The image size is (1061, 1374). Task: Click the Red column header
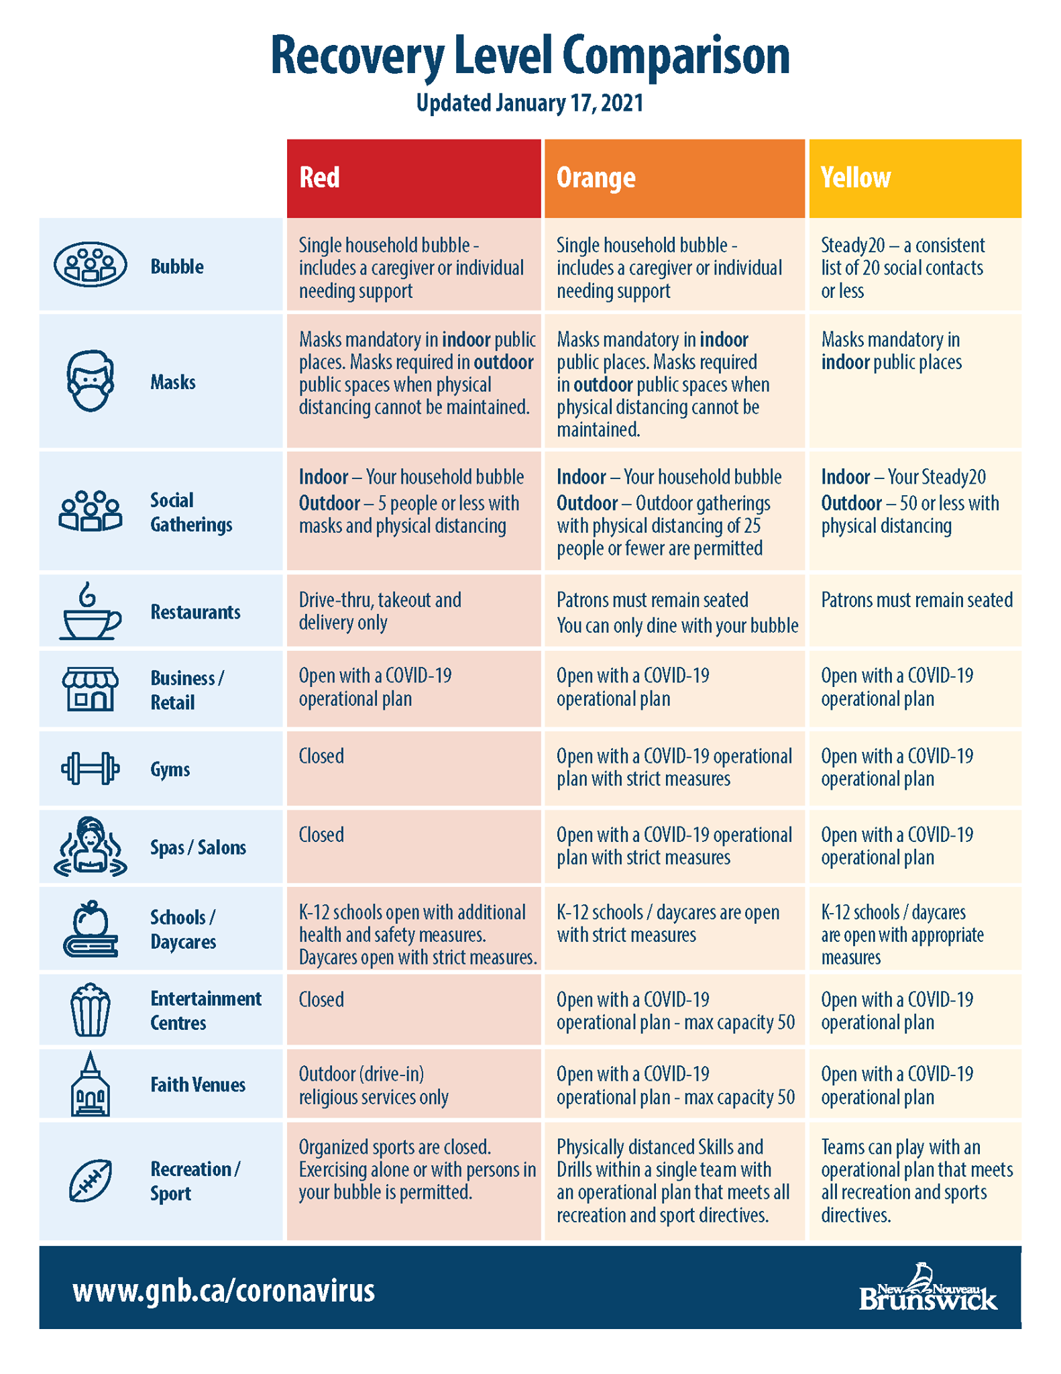414,178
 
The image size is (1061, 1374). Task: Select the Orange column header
675,178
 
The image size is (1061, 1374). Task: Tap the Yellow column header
915,178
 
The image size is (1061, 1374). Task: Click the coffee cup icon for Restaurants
91,611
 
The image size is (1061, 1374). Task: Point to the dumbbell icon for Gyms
91,769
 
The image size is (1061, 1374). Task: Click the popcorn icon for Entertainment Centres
91,1010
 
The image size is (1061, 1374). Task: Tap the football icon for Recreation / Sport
91,1180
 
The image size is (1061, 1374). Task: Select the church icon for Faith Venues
91,1084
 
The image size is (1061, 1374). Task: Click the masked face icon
91,380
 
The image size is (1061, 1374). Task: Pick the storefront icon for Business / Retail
91,689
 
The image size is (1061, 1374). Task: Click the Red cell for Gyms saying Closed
414,768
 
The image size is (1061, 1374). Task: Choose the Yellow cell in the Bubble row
915,265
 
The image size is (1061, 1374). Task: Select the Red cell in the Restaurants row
414,611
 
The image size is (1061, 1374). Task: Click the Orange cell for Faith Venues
675,1084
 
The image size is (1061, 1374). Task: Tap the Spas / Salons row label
198,847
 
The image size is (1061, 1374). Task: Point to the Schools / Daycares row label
183,929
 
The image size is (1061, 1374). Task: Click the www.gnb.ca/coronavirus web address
224,1290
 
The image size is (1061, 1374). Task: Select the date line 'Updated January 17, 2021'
530,103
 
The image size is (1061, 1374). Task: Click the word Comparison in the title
676,56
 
